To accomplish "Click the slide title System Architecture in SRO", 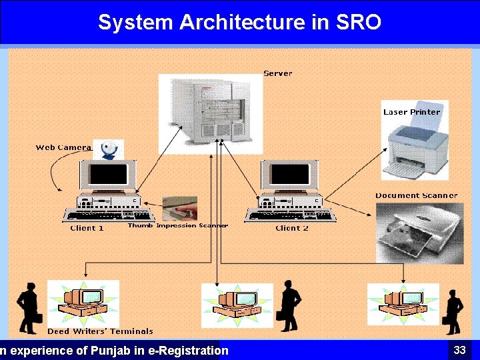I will (239, 22).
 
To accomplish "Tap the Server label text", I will (277, 73).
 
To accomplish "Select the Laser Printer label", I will (411, 112).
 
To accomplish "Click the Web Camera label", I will (63, 147).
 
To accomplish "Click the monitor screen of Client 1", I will (108, 175).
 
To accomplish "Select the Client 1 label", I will (87, 228).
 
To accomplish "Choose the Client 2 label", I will (292, 228).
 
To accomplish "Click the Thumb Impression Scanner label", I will (177, 225).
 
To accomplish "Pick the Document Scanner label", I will (416, 195).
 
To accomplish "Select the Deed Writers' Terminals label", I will (100, 331).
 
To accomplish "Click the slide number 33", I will (459, 350).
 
